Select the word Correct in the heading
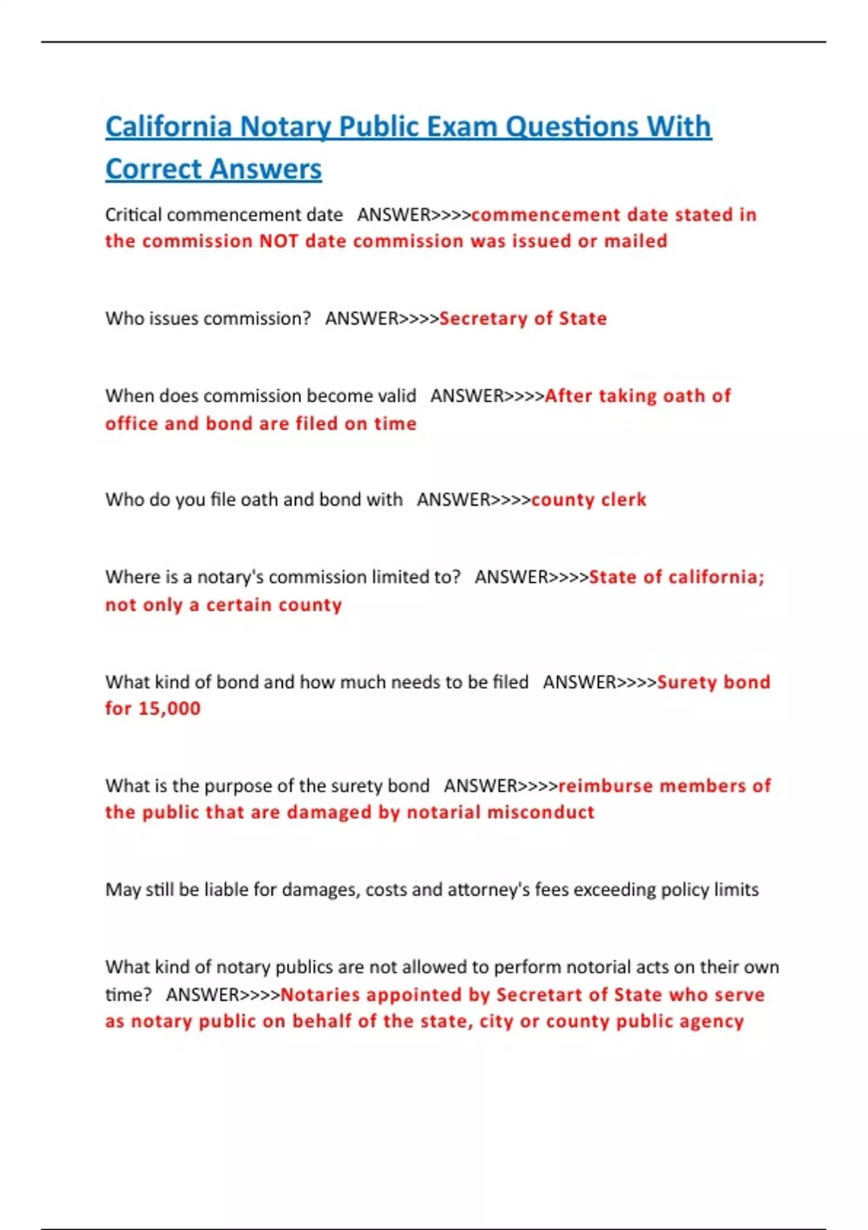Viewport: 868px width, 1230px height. tap(153, 169)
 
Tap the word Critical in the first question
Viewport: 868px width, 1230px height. tap(133, 215)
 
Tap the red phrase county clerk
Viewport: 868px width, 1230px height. tap(589, 500)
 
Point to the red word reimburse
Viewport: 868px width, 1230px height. tap(605, 786)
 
